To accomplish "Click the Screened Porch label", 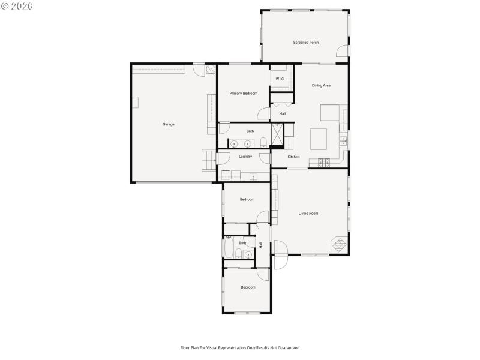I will click(305, 43).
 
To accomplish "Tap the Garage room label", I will click(169, 124).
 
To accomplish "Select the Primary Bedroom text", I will click(243, 93).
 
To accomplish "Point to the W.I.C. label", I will click(280, 79).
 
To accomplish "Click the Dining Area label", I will click(321, 85).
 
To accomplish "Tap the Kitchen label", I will click(293, 157).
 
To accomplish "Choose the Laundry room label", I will click(245, 157).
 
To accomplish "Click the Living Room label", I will click(308, 213).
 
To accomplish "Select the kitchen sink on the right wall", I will click(343, 140).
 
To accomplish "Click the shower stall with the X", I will click(278, 134).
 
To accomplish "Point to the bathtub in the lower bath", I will click(229, 247).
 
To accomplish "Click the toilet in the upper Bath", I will click(263, 142).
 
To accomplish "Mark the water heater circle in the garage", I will click(210, 70).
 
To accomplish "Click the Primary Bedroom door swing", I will click(264, 114).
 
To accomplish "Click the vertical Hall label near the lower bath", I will click(261, 245).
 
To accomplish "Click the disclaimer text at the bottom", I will click(240, 347).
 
